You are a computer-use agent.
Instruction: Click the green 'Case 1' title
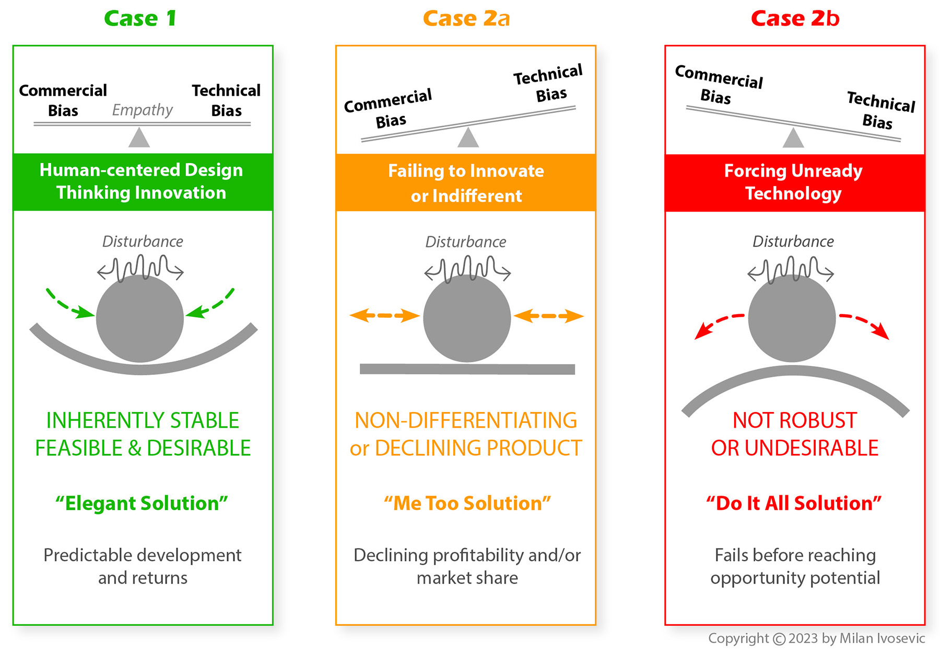140,19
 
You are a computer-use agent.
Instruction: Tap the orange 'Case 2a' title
466,19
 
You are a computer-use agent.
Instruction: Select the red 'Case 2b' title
794,19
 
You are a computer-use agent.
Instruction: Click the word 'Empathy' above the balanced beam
142,110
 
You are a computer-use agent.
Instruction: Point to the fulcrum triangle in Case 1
139,138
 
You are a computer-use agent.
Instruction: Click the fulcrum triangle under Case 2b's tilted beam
793,139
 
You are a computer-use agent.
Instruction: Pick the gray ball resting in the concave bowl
139,318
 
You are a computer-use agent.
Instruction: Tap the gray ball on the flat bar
466,318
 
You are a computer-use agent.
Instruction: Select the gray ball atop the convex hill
792,318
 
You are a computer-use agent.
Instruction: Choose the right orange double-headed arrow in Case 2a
548,316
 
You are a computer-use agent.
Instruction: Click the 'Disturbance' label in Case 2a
465,242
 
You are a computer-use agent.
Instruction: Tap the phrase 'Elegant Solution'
142,503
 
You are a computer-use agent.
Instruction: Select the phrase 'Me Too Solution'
467,503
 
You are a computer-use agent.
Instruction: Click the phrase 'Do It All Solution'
794,503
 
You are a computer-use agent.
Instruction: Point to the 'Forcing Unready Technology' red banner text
793,182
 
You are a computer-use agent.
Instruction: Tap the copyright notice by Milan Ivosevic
816,638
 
